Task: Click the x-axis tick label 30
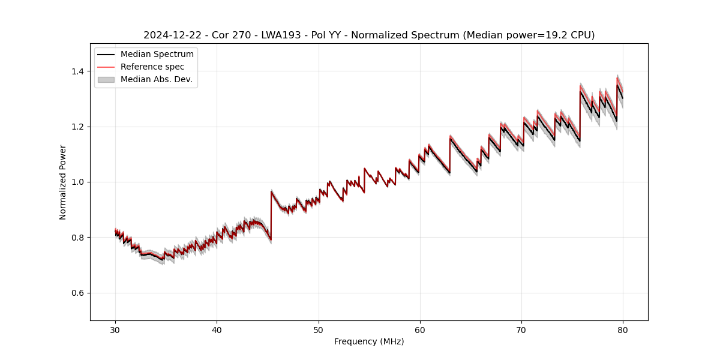tap(115, 329)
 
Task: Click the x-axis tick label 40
tap(217, 329)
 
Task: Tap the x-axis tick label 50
tap(319, 329)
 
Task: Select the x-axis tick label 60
tap(420, 329)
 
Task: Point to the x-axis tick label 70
tap(521, 329)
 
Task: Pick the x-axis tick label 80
tap(623, 329)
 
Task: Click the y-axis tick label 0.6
tap(78, 293)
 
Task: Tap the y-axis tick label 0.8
tap(78, 238)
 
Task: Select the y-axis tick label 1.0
tap(78, 182)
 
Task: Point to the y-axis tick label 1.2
tap(78, 127)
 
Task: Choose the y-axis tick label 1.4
tap(78, 71)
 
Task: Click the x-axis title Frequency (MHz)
tap(369, 341)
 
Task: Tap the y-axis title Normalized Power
tap(63, 182)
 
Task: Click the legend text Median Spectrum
tap(157, 55)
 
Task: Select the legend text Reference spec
tap(152, 67)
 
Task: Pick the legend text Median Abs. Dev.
tap(156, 79)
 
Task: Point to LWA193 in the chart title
tap(281, 35)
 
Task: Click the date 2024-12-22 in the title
tap(170, 35)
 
